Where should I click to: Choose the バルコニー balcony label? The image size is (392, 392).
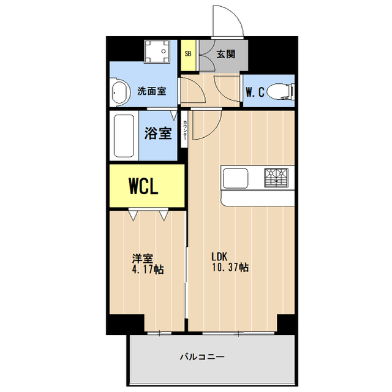tap(202, 356)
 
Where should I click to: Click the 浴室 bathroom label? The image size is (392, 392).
tap(157, 133)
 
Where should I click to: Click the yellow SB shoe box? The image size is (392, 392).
tap(188, 53)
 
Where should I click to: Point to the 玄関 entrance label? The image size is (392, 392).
tap(225, 53)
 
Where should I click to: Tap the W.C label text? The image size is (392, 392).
tap(255, 92)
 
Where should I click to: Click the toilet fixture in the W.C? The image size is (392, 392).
tap(283, 92)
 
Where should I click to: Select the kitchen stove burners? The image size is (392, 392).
tap(276, 178)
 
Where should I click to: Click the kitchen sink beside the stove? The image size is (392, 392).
tap(236, 178)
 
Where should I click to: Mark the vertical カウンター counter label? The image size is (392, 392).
tap(184, 131)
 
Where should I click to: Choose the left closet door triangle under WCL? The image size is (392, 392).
tap(133, 215)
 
